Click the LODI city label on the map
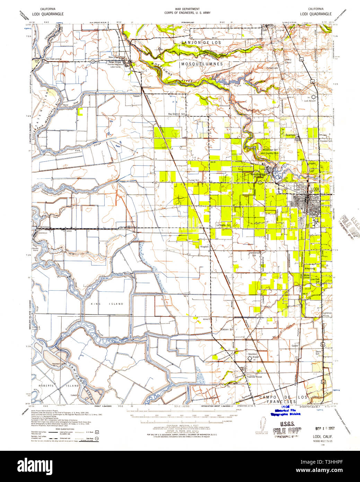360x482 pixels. pos(315,189)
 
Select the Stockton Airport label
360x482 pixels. pos(253,355)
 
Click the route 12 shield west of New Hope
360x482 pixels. pos(93,61)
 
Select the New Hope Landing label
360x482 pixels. pos(53,59)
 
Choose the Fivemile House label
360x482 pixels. pos(254,377)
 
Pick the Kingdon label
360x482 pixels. pos(204,247)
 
